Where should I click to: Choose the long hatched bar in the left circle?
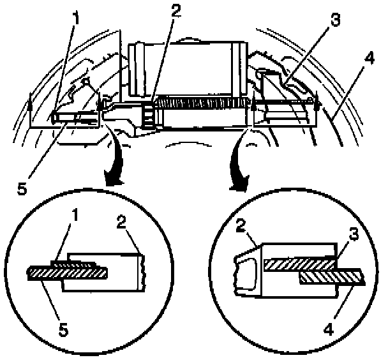click(x=67, y=273)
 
